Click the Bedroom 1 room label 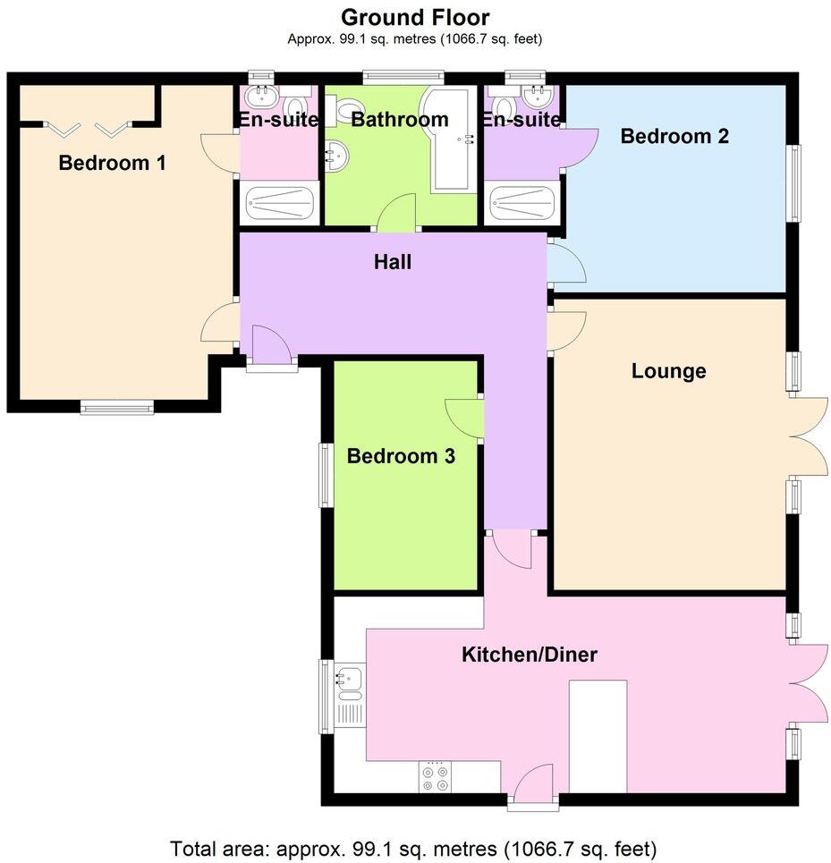click(113, 164)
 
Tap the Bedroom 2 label click(674, 137)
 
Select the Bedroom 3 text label click(401, 456)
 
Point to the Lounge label click(668, 371)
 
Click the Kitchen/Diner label click(529, 655)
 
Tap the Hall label click(393, 262)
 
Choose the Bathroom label click(399, 120)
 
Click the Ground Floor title click(415, 16)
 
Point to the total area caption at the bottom click(414, 847)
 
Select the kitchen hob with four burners click(436, 777)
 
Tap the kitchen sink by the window click(351, 682)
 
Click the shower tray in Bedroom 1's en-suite click(279, 204)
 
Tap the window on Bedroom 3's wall click(327, 475)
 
